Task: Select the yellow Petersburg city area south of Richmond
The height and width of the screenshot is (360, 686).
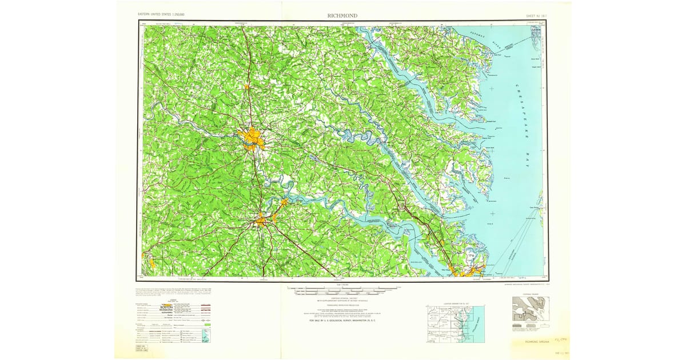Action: [262, 219]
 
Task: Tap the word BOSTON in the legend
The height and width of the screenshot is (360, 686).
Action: [170, 307]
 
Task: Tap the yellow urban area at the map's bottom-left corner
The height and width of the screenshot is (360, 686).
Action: [151, 263]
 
